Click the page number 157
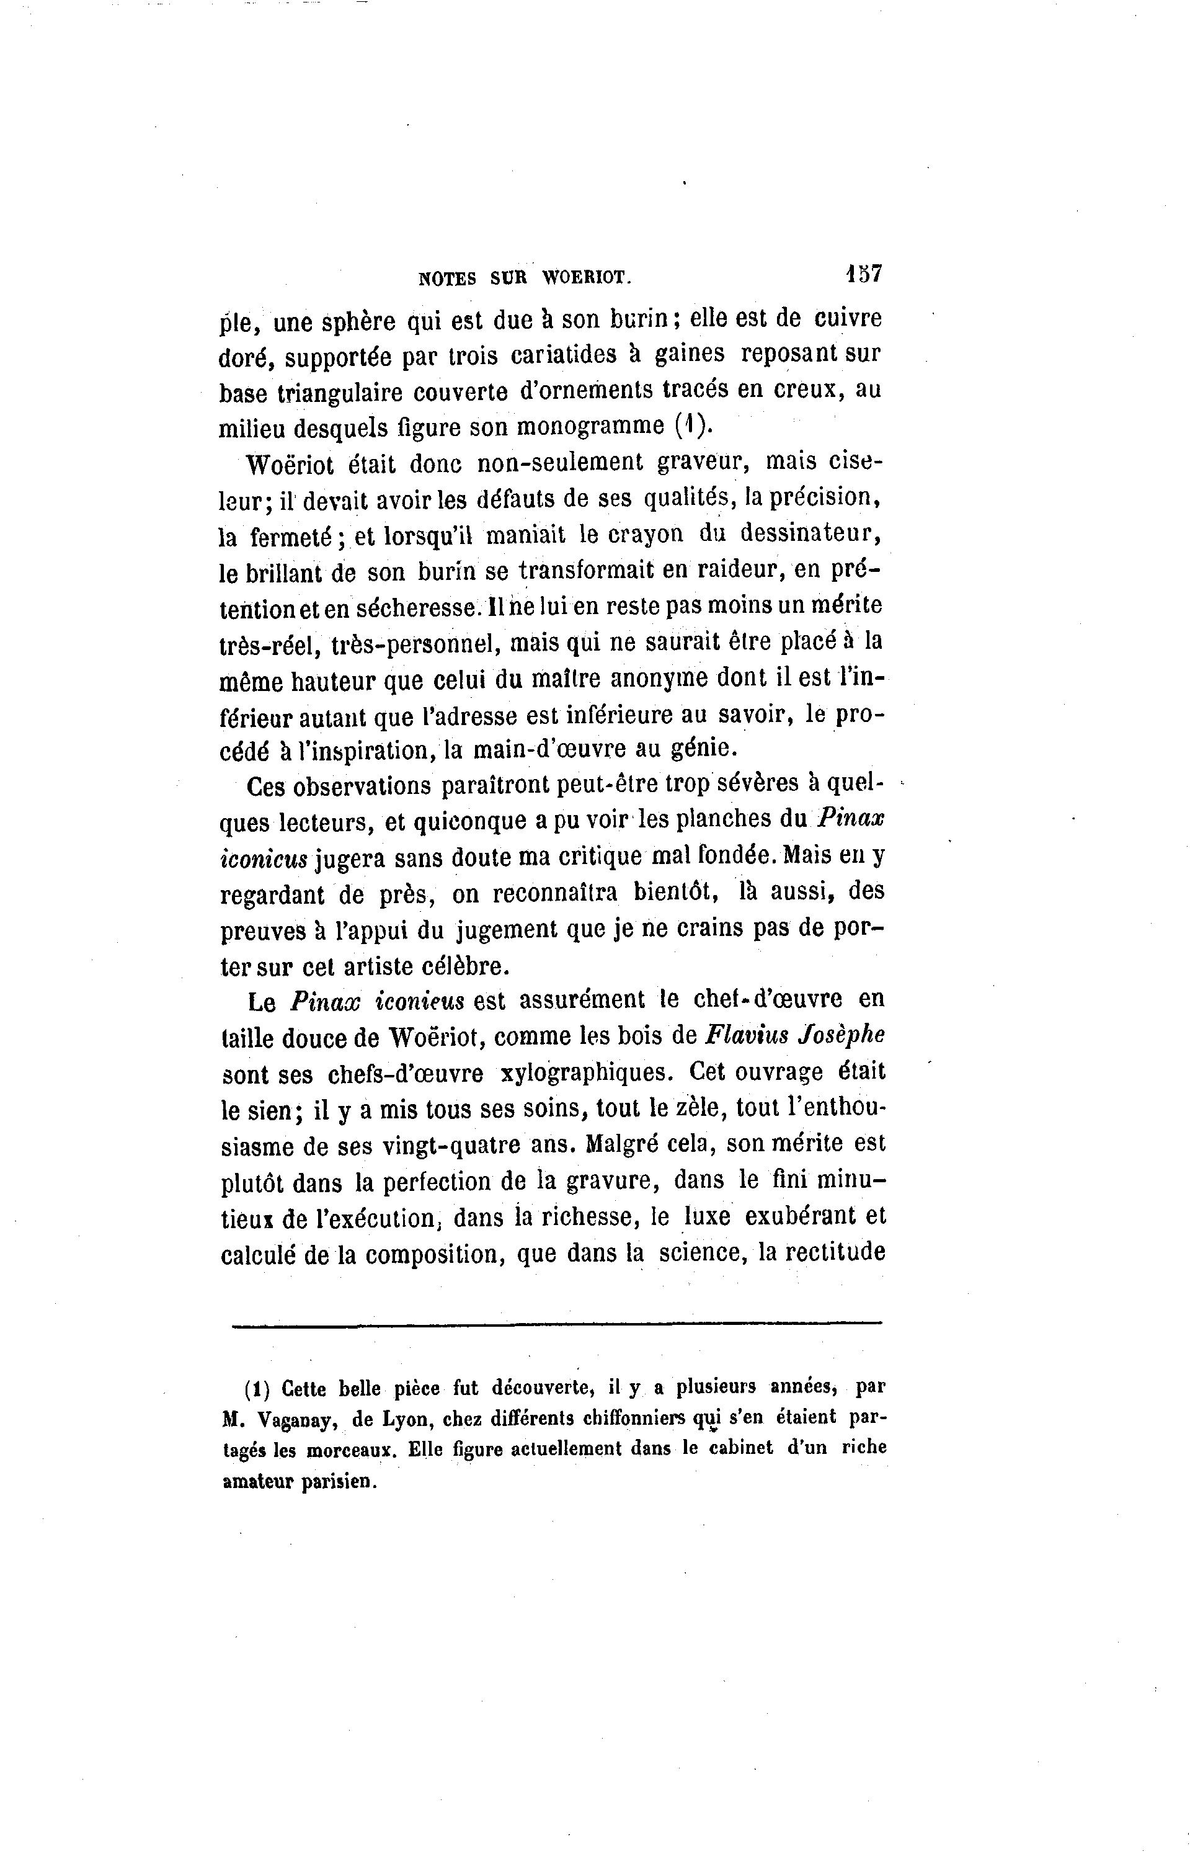(x=864, y=274)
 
